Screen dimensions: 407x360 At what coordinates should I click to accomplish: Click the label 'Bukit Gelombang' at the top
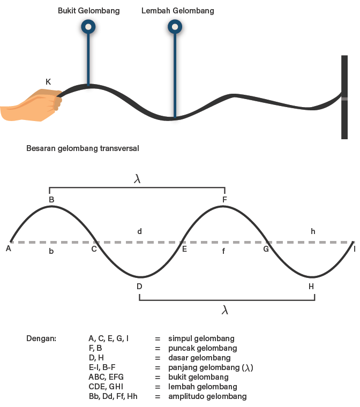coord(88,11)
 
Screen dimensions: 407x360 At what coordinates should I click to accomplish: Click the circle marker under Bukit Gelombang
coord(88,26)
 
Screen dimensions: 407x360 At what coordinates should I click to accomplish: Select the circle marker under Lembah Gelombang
coord(175,26)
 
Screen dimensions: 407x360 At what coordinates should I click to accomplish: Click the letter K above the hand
coord(48,82)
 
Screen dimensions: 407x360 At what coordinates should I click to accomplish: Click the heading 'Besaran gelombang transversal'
coord(82,148)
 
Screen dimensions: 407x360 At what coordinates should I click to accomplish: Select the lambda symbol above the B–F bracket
coord(137,179)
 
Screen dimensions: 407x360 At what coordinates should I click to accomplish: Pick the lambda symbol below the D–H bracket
coord(225,310)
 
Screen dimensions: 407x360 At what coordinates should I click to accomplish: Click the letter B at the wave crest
coord(51,200)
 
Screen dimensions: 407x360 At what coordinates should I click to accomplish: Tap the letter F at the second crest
coord(225,200)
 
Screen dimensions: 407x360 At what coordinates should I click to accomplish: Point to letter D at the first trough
coord(139,287)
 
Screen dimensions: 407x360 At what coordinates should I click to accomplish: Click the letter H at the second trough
coord(311,287)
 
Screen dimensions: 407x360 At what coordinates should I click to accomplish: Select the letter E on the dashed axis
coord(184,248)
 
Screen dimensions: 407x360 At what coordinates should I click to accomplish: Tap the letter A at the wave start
coord(9,248)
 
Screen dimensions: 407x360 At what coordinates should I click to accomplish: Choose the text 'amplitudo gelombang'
coord(207,397)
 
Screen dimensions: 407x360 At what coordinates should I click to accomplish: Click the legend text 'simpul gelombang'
coord(201,339)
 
